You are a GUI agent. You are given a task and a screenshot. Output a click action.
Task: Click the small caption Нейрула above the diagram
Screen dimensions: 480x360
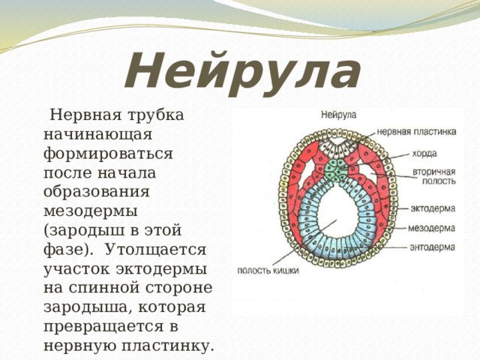pos(338,115)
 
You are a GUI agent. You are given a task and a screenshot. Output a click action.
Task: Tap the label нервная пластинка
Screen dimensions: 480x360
pos(416,132)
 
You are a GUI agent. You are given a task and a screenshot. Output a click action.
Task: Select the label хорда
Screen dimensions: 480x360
pos(424,154)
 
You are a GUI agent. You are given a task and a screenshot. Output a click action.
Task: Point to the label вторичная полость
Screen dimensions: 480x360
pos(434,176)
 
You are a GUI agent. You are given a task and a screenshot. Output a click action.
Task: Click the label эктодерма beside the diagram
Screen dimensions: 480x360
pos(433,208)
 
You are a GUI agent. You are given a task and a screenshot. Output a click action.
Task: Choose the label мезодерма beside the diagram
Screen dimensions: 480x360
pos(432,228)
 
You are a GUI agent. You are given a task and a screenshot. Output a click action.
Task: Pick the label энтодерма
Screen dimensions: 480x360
pos(432,247)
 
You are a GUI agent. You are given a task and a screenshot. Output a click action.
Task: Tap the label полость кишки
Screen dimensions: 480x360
pos(268,271)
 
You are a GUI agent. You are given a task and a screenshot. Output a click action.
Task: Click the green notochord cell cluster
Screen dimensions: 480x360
pos(335,170)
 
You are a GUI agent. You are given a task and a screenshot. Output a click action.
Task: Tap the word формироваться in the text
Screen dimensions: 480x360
pos(108,154)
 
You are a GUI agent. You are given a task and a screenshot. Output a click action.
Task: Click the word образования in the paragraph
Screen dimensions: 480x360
pos(97,193)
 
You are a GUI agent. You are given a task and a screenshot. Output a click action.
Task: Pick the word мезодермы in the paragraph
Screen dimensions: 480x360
pos(91,211)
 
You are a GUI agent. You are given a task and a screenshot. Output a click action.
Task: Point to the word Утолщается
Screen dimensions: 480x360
pos(156,250)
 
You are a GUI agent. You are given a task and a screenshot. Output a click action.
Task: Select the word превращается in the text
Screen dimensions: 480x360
pos(103,327)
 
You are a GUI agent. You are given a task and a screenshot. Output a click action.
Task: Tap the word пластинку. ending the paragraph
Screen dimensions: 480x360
pos(167,346)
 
